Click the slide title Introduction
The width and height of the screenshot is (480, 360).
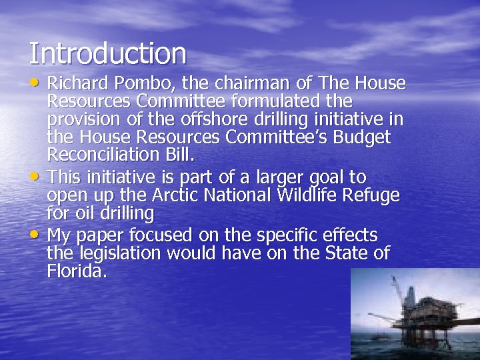(107, 54)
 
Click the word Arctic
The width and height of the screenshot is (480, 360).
(174, 196)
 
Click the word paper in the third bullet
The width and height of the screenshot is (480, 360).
(102, 236)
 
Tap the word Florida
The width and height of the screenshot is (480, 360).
(76, 271)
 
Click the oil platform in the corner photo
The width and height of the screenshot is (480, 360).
(420, 313)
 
